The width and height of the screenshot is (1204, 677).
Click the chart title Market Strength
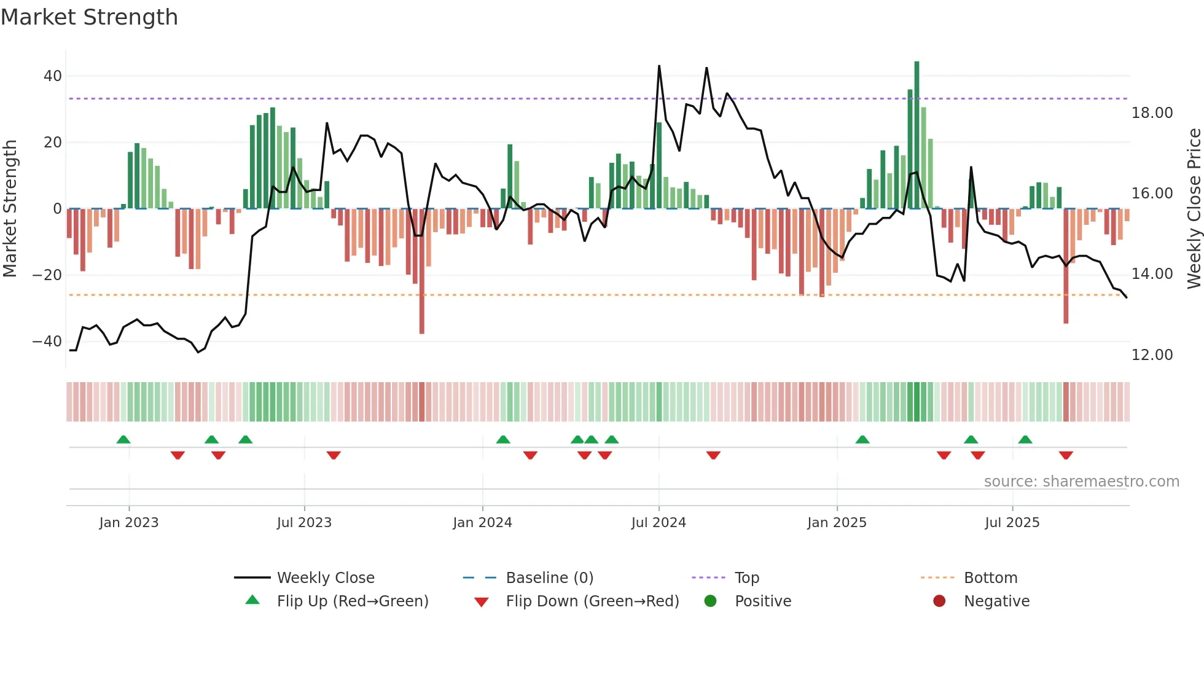[89, 17]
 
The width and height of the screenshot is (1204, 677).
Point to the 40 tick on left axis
[52, 76]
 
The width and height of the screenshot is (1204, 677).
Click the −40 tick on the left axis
[47, 342]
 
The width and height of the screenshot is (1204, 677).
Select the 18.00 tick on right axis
[1152, 113]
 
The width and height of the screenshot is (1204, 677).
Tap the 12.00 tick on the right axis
[1152, 355]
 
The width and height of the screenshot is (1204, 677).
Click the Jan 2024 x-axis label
[482, 523]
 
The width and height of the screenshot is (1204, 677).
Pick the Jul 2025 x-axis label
[1012, 523]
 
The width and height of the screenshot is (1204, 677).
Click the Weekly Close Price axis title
[1194, 209]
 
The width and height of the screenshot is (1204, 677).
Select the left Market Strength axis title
[10, 209]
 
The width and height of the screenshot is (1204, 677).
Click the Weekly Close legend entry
[325, 578]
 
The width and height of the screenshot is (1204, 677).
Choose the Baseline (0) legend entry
[549, 578]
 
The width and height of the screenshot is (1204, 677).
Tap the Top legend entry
[746, 578]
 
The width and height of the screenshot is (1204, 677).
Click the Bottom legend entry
[990, 578]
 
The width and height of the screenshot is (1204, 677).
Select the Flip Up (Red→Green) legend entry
[352, 601]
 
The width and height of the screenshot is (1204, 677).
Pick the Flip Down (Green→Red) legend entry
[592, 601]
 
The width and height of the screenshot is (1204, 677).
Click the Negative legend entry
[996, 601]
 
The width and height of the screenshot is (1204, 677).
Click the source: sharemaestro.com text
[1081, 482]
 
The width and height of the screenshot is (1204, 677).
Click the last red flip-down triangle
[1066, 455]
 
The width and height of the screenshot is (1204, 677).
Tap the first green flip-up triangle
[123, 439]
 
